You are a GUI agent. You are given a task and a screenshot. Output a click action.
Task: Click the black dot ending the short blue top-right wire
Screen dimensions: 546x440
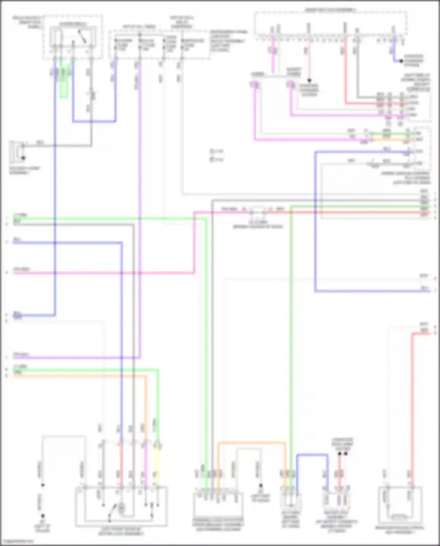pos(401,61)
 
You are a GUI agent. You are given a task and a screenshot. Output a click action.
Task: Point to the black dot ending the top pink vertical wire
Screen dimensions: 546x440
pos(309,80)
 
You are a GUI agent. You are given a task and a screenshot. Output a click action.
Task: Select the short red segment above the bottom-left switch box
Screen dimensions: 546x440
pos(121,464)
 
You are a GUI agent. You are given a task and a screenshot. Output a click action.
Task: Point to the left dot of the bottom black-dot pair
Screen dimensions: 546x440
pos(339,454)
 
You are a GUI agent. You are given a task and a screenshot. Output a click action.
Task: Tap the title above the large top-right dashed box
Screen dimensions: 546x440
pos(330,10)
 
